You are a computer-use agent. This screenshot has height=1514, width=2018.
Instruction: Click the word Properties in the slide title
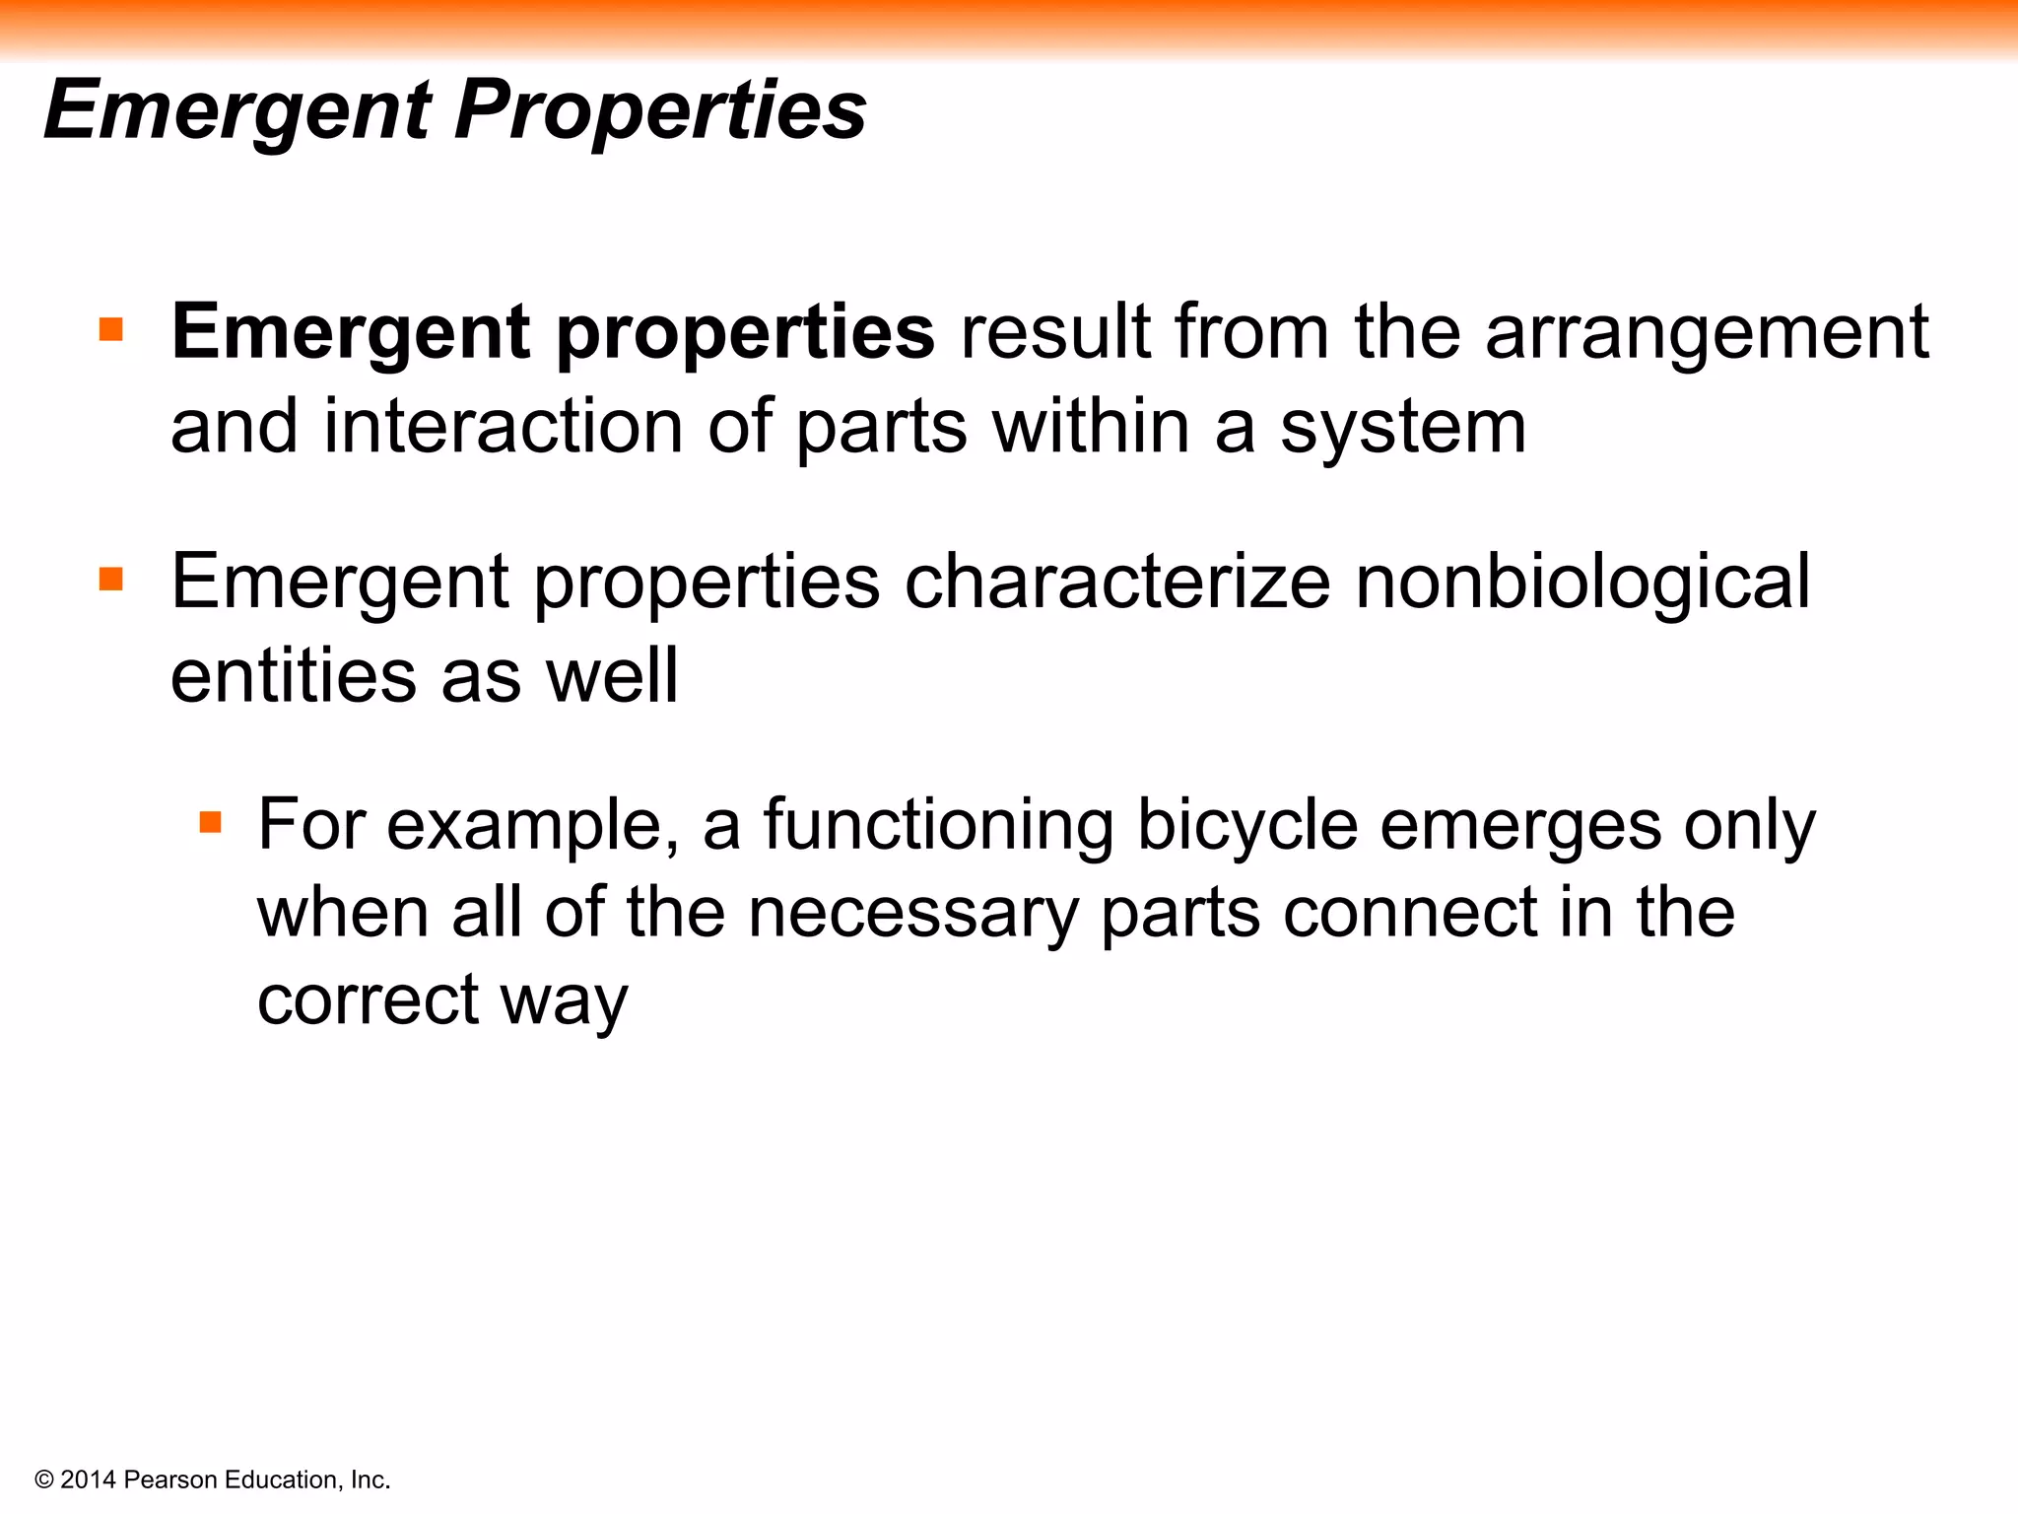point(660,110)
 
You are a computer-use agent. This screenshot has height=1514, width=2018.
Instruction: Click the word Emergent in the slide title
point(237,110)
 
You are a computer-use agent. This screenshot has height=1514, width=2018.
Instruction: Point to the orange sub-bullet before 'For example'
point(210,822)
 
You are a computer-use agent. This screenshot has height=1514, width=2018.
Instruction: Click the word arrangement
point(1706,333)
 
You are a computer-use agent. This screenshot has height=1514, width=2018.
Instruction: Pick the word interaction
point(503,428)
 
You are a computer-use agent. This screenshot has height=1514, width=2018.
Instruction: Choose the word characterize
point(1117,582)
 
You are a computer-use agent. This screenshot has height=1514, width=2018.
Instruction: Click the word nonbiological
point(1582,582)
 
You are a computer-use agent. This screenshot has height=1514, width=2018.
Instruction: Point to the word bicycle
point(1247,826)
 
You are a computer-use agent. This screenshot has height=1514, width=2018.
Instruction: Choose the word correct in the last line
point(368,999)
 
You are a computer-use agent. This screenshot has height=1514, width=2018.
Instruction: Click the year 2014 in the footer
point(89,1480)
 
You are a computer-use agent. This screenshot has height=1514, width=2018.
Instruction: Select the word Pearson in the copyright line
point(171,1480)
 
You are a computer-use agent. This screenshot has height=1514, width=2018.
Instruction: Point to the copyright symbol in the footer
point(44,1480)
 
